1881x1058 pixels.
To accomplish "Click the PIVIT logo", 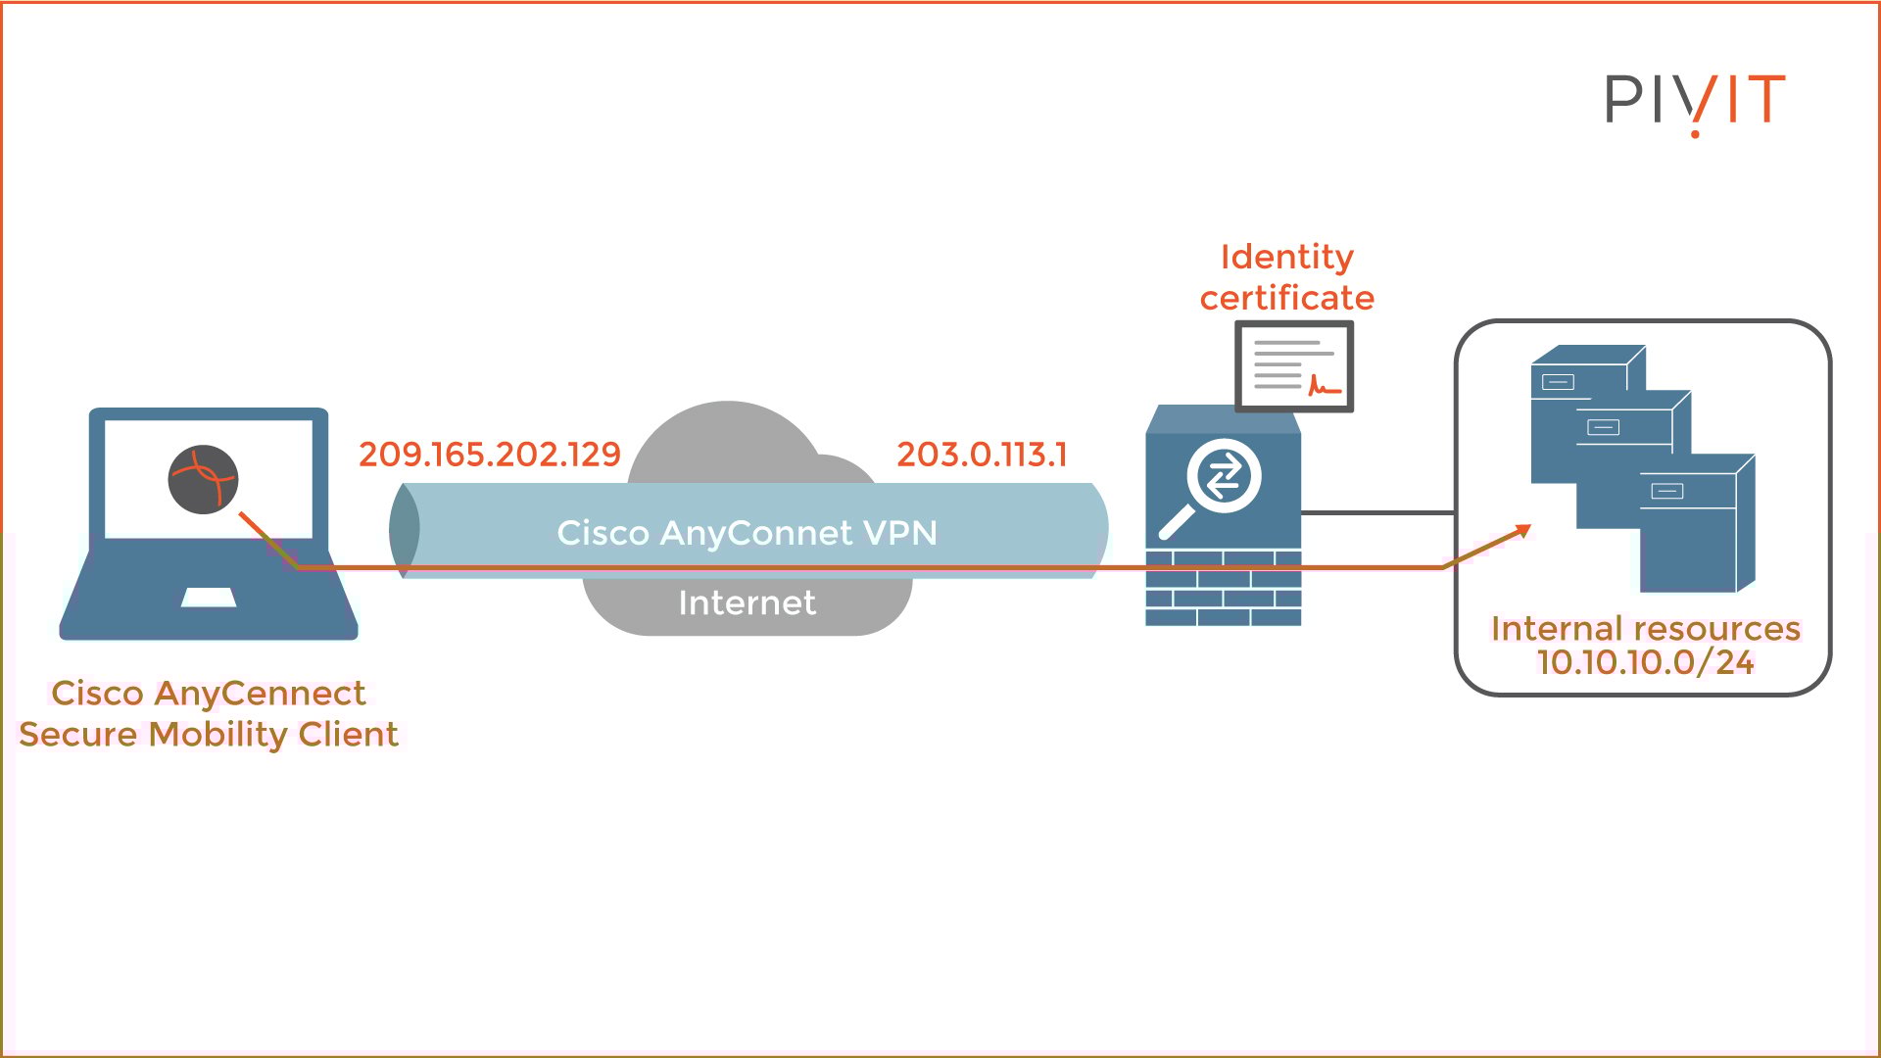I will pyautogui.click(x=1694, y=100).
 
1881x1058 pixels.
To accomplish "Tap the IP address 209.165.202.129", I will pyautogui.click(x=490, y=455).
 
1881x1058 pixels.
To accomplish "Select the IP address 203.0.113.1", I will pyautogui.click(x=982, y=455).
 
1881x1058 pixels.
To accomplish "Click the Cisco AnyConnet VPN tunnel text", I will pyautogui.click(x=747, y=533).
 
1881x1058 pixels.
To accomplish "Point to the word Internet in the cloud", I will pyautogui.click(x=747, y=602).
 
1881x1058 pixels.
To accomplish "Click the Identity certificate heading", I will pyautogui.click(x=1286, y=277).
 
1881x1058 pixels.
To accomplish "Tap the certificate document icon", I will pyautogui.click(x=1293, y=366).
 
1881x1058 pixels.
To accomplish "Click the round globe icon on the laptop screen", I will pyautogui.click(x=203, y=479).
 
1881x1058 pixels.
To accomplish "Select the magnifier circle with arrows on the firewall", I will pyautogui.click(x=1223, y=477).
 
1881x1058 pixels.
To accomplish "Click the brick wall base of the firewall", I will pyautogui.click(x=1223, y=588).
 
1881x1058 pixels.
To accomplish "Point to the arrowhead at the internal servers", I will pyautogui.click(x=1522, y=531).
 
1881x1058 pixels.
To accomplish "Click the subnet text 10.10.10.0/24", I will pyautogui.click(x=1645, y=663).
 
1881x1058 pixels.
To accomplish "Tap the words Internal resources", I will pyautogui.click(x=1645, y=628).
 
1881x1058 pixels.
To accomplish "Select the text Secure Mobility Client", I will pyautogui.click(x=209, y=735).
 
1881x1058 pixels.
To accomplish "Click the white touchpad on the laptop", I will pyautogui.click(x=209, y=597).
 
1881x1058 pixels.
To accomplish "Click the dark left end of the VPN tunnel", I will pyautogui.click(x=405, y=530).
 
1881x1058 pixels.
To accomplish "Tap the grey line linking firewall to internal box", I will pyautogui.click(x=1377, y=511).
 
